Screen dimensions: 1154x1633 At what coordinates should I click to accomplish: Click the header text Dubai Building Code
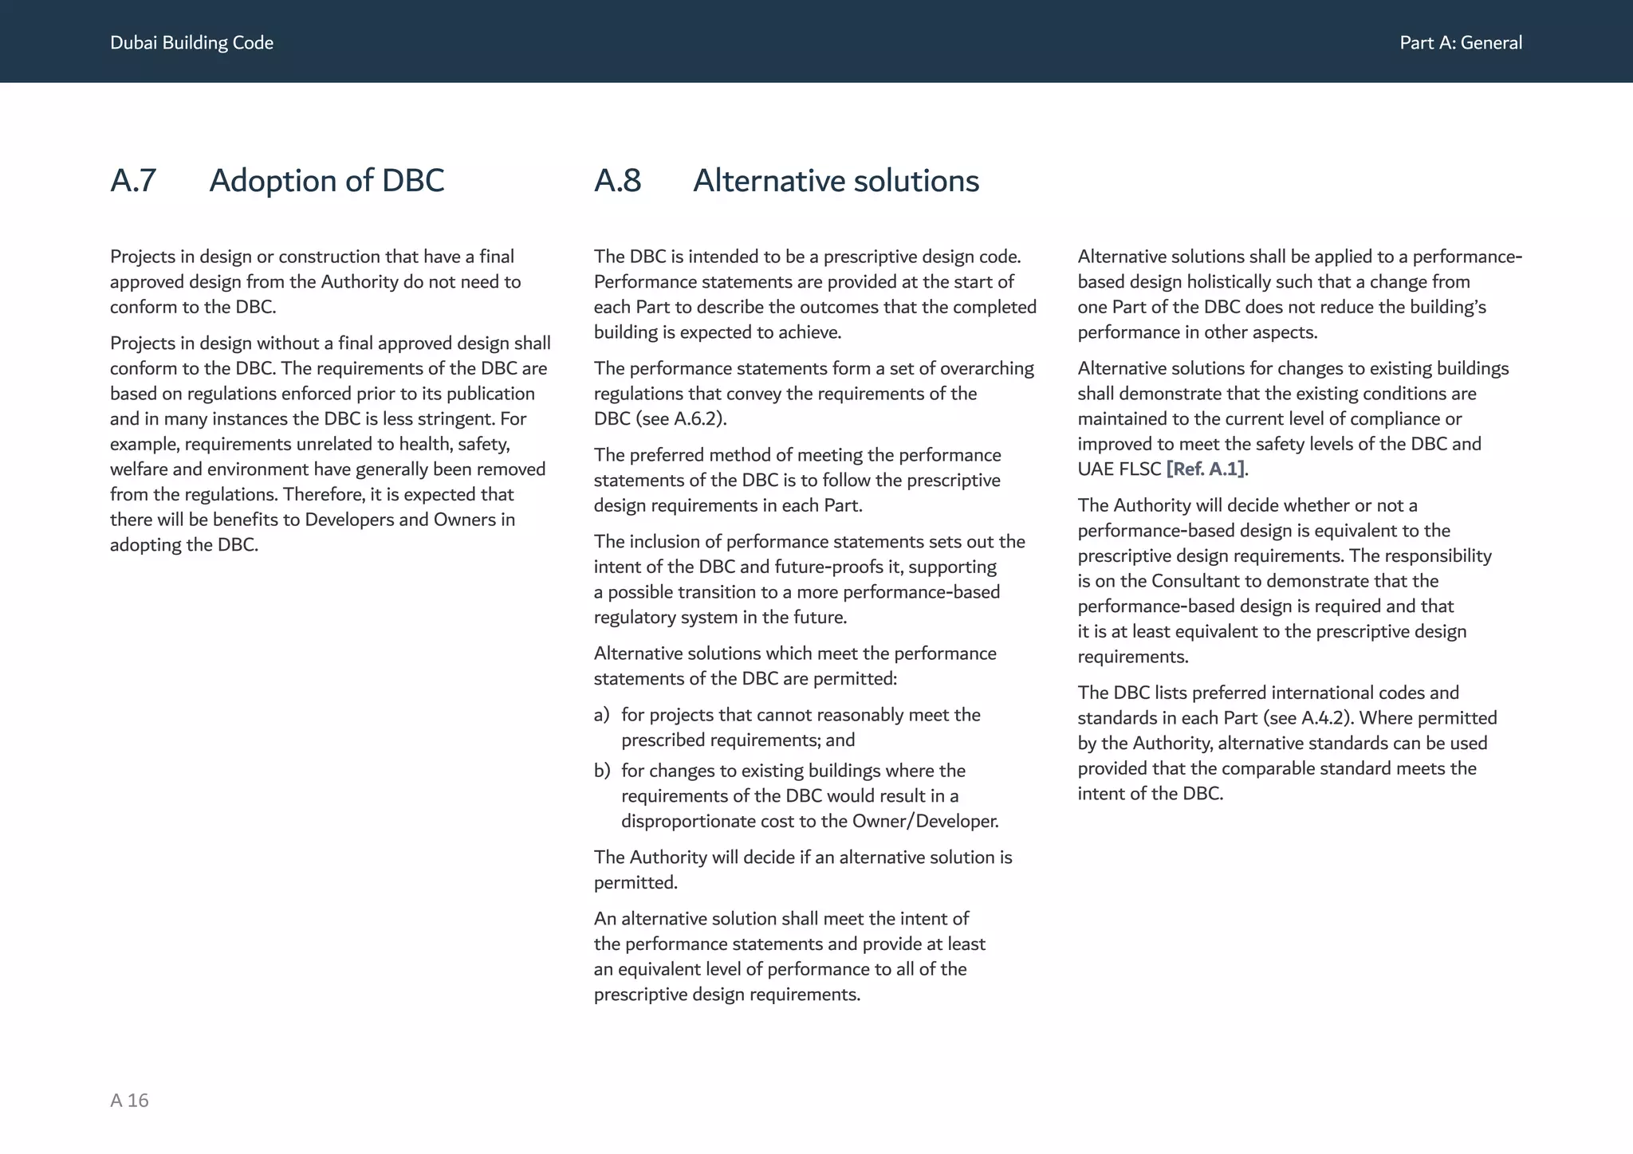[x=191, y=43]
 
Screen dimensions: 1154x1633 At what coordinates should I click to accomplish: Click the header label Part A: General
[x=1460, y=43]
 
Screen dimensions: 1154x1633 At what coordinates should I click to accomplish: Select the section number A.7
[x=133, y=181]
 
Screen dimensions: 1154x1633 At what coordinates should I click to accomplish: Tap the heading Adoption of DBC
[x=326, y=181]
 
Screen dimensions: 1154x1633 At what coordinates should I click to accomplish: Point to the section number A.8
[x=617, y=181]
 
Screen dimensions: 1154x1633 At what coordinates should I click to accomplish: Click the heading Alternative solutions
[x=836, y=181]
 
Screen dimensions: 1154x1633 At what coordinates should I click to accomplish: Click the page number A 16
[x=129, y=1101]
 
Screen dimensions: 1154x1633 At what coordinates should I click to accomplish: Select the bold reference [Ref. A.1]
[x=1205, y=469]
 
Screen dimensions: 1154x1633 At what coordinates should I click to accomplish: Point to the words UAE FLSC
[x=1119, y=469]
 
